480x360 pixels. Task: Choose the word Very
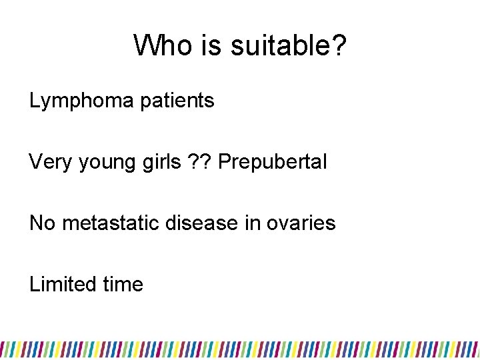click(49, 162)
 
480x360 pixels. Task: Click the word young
click(100, 162)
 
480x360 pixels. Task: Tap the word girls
click(157, 162)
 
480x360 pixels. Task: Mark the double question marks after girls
click(197, 162)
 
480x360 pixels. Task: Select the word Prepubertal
click(272, 162)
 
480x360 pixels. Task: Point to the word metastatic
click(109, 223)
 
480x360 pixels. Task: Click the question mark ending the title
click(339, 45)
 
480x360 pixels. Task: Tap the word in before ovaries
click(246, 223)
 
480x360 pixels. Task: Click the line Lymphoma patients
click(122, 101)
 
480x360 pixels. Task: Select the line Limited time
click(87, 285)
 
